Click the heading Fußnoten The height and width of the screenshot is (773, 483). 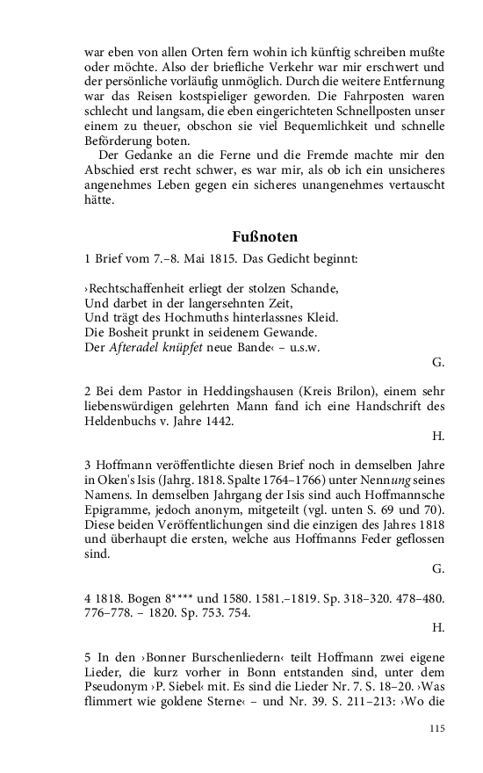point(265,237)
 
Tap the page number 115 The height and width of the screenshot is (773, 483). point(436,728)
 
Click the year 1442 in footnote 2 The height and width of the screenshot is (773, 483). point(217,421)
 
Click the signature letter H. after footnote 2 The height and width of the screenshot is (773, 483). point(439,436)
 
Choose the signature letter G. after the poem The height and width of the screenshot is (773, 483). point(439,361)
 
